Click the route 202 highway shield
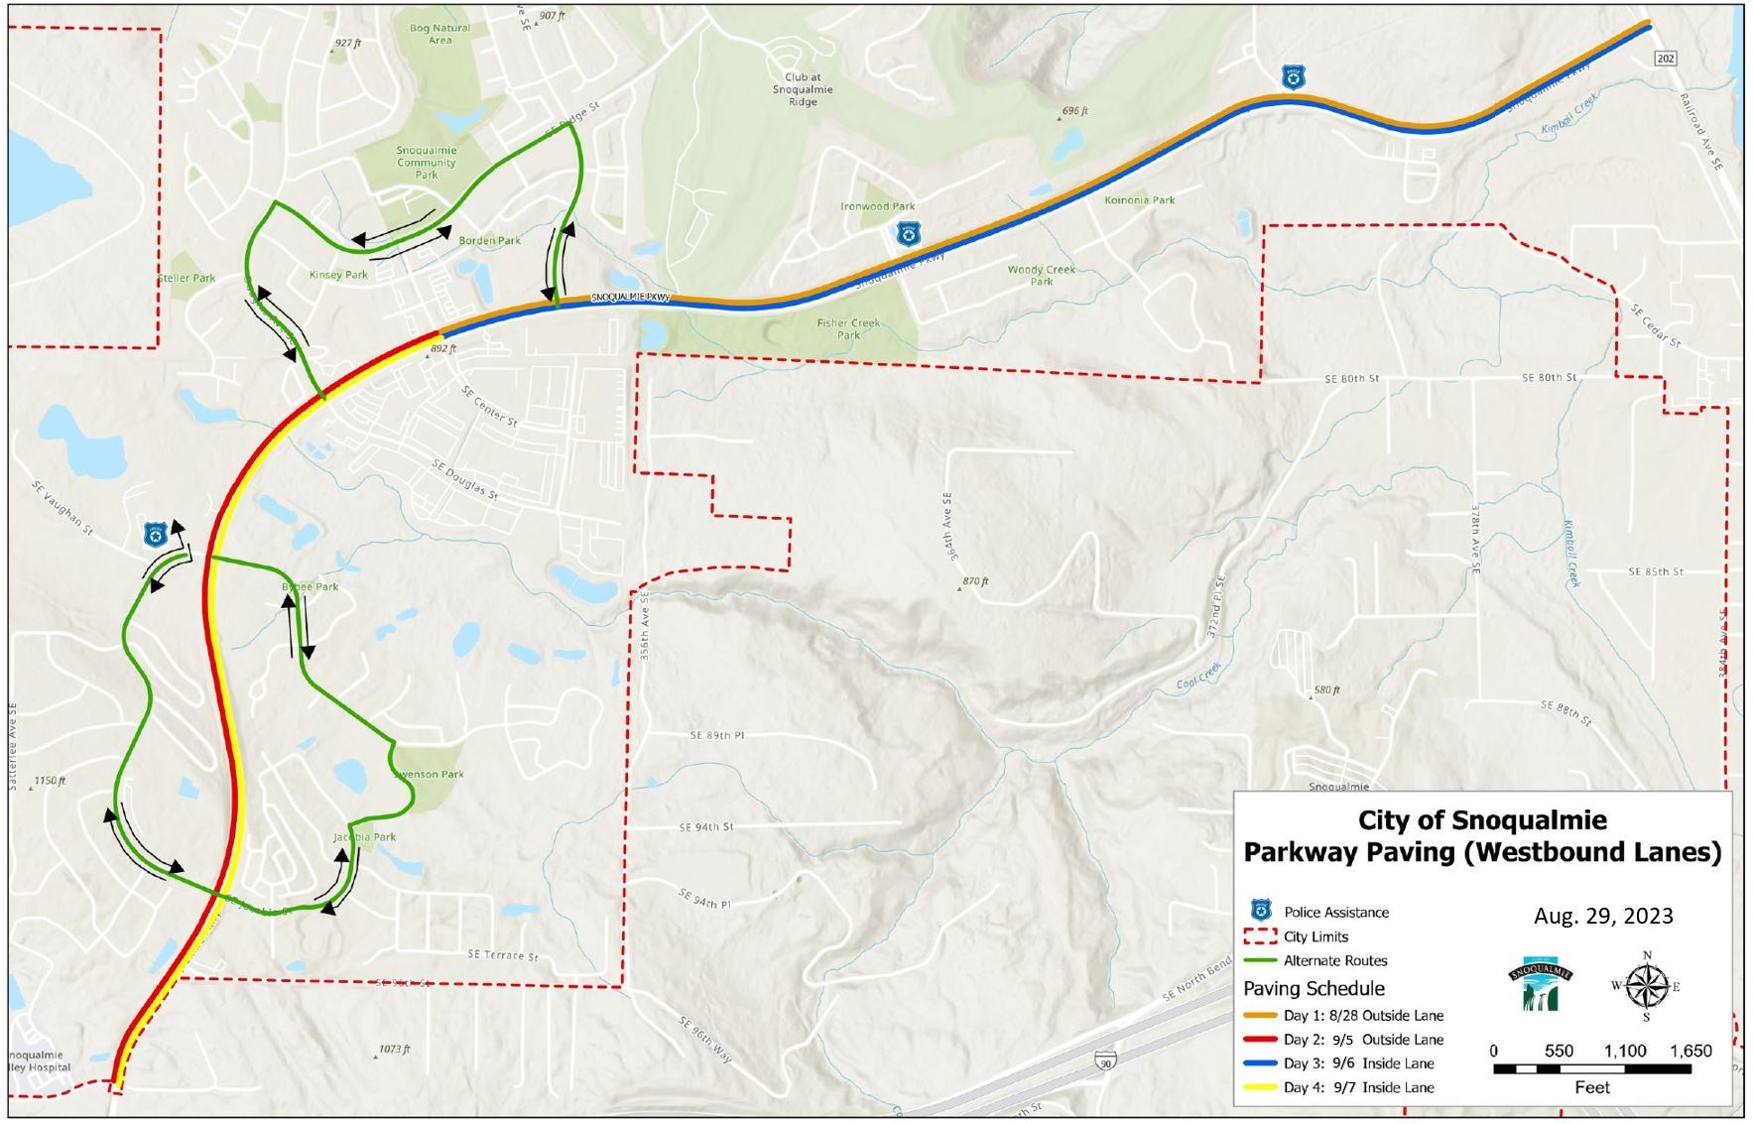pyautogui.click(x=1666, y=59)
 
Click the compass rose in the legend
pyautogui.click(x=1646, y=986)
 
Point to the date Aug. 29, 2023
pyautogui.click(x=1603, y=916)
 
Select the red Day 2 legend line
pyautogui.click(x=1260, y=1040)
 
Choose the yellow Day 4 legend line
pyautogui.click(x=1260, y=1087)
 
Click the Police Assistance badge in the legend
pyautogui.click(x=1261, y=910)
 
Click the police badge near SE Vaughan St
pyautogui.click(x=155, y=536)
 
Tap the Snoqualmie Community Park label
pyautogui.click(x=427, y=163)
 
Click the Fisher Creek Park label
pyautogui.click(x=848, y=328)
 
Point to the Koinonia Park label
pyautogui.click(x=1139, y=200)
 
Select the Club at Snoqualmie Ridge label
pyautogui.click(x=803, y=89)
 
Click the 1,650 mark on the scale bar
pyautogui.click(x=1690, y=1052)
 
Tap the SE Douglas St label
pyautogui.click(x=465, y=480)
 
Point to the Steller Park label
pyautogui.click(x=187, y=278)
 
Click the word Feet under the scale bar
pyautogui.click(x=1591, y=1087)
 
